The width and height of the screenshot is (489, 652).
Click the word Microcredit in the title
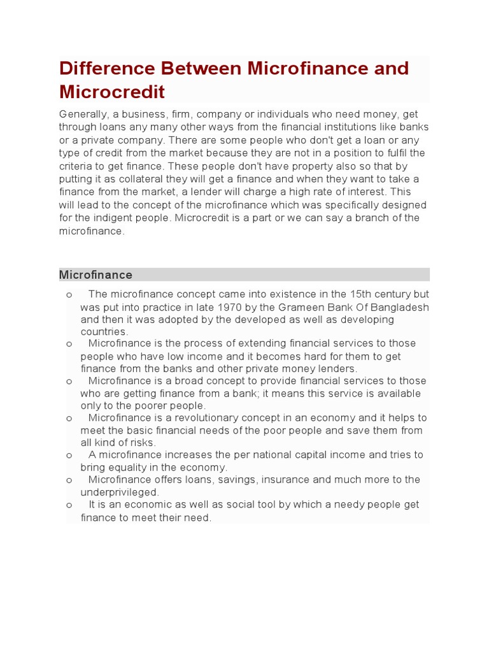pos(112,92)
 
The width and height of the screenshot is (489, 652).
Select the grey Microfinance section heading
pos(96,275)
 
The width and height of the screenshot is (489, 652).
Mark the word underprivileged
pos(118,492)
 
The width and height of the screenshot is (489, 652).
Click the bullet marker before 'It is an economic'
pos(68,505)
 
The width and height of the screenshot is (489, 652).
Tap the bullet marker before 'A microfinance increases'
pos(68,455)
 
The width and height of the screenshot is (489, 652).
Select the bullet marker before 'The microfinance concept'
pos(68,295)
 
